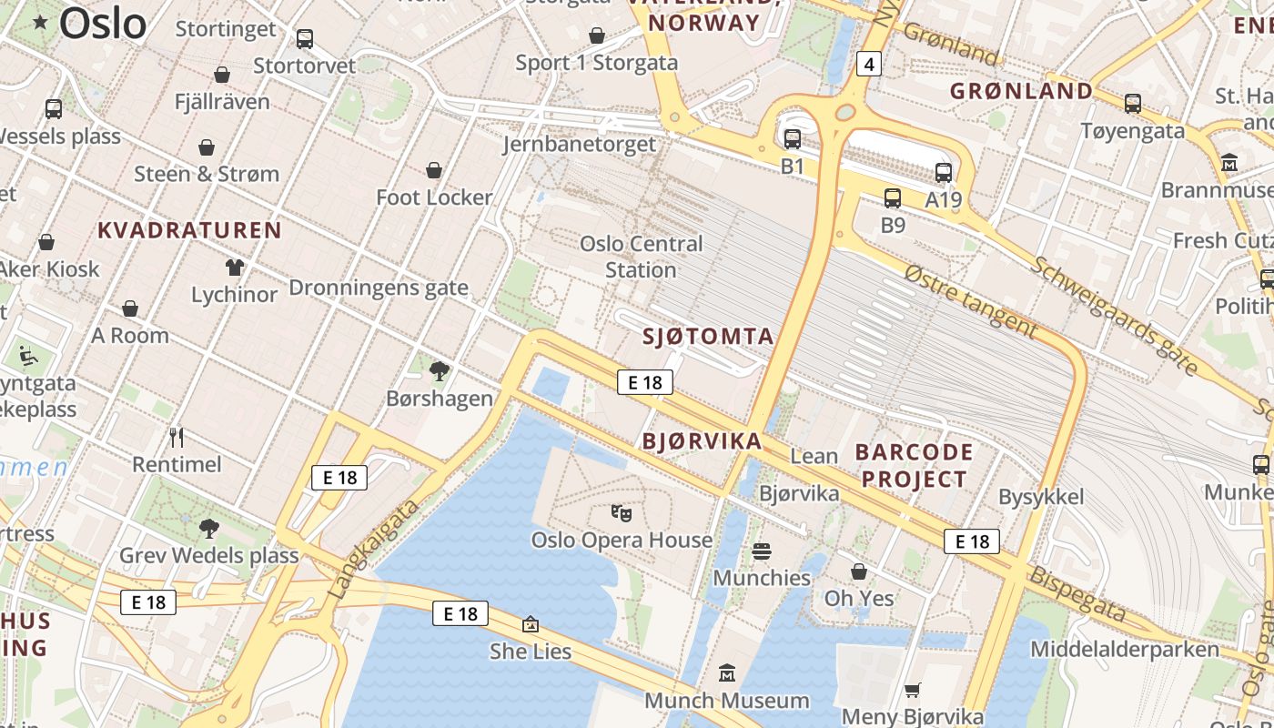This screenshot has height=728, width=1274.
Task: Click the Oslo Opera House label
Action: click(x=622, y=540)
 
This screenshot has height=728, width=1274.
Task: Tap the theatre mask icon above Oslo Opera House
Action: click(x=622, y=513)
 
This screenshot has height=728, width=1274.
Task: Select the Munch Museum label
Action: click(x=726, y=701)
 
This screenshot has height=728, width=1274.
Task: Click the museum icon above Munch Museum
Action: click(x=727, y=673)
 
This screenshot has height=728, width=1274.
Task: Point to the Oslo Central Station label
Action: click(x=642, y=257)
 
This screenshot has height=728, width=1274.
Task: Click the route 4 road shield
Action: click(x=869, y=64)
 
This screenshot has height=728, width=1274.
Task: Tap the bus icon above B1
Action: click(x=793, y=139)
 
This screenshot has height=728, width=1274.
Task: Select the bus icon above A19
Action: click(x=944, y=172)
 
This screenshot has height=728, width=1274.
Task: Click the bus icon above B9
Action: click(x=893, y=197)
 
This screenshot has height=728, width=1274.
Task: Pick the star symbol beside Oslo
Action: click(x=41, y=23)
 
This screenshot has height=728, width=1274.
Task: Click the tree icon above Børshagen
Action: click(x=440, y=370)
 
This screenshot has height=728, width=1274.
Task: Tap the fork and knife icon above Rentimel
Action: click(x=177, y=438)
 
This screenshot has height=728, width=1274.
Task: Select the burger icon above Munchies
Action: click(x=762, y=551)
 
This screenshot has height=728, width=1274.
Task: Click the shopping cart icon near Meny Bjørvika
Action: click(x=913, y=691)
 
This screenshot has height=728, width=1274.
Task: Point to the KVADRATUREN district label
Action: click(x=189, y=230)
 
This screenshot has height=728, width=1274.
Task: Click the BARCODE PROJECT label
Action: click(x=915, y=465)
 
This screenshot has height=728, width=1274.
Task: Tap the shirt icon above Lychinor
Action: click(x=235, y=268)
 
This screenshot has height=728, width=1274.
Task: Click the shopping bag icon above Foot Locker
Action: click(x=434, y=170)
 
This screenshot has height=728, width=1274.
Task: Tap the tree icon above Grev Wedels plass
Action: click(x=208, y=528)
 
